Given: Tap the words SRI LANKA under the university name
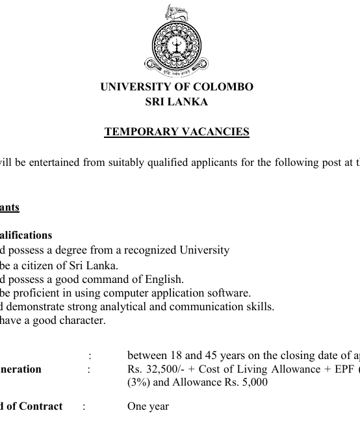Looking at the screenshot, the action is tap(177, 102).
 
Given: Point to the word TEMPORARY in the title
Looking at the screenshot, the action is tap(135, 132).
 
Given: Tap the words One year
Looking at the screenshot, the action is tap(148, 406).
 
